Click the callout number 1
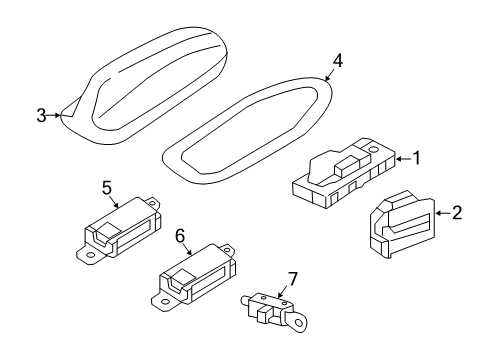[x=416, y=158]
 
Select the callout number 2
[x=457, y=213]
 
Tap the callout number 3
[x=41, y=115]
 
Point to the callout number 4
[x=337, y=61]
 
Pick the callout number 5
[x=107, y=188]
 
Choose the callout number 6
[x=180, y=236]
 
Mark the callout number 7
[x=292, y=279]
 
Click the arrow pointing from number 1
[x=403, y=159]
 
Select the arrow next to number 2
[x=443, y=213]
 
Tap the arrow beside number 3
[x=54, y=115]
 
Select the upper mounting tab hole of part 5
[x=152, y=202]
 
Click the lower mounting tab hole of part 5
[x=90, y=255]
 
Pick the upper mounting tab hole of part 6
[x=227, y=249]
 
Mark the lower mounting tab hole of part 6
[x=164, y=302]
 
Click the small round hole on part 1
[x=373, y=149]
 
